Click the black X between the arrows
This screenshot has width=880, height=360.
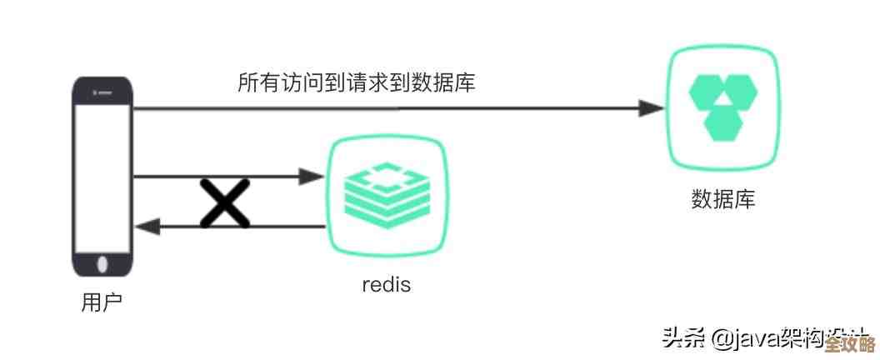(x=225, y=202)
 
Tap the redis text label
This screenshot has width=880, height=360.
(x=386, y=284)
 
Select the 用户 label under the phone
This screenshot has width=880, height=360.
(x=102, y=302)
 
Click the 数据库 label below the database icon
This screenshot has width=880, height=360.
(x=722, y=200)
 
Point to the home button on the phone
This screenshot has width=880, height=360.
(x=102, y=264)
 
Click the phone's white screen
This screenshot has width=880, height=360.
(x=102, y=175)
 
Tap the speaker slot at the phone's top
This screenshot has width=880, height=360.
(x=102, y=91)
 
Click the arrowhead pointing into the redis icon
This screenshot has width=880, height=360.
(x=311, y=176)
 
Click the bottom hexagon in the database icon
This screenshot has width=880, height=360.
(x=723, y=123)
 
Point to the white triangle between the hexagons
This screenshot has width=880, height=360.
(x=723, y=102)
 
